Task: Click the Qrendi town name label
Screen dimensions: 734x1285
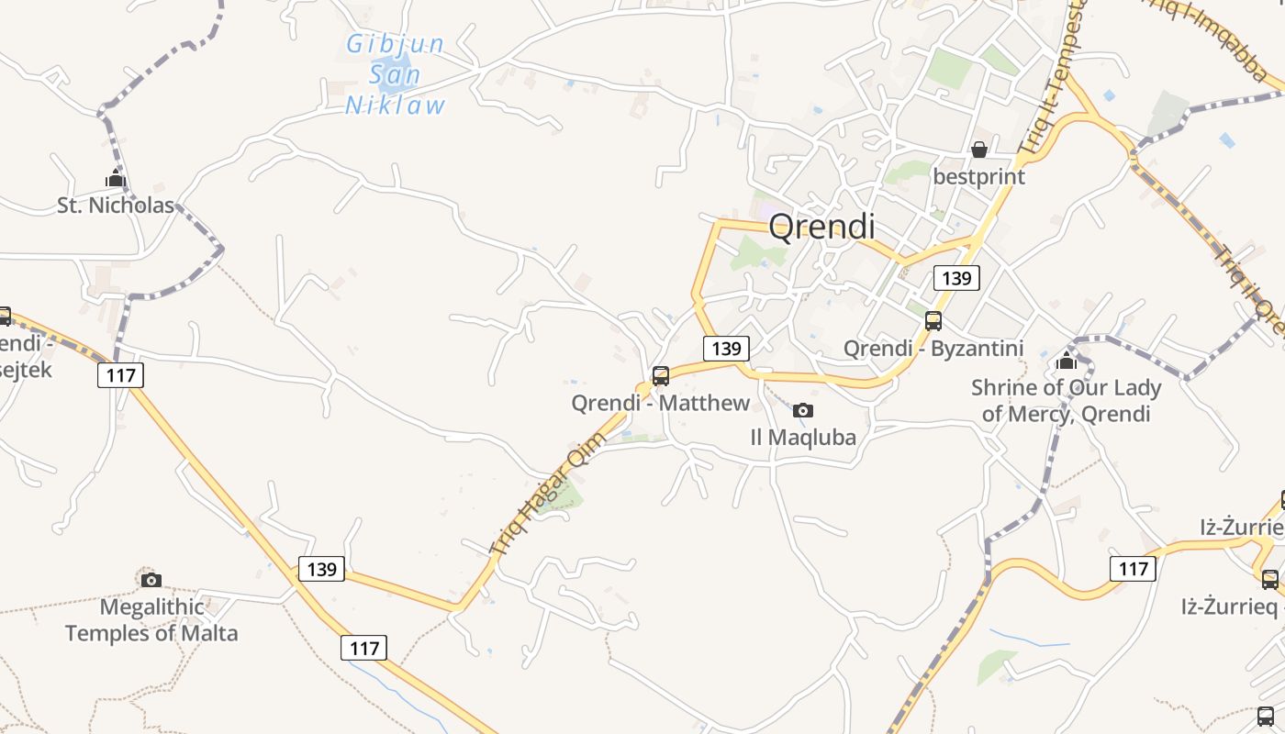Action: (x=821, y=226)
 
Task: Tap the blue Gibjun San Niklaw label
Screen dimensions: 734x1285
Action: (x=396, y=74)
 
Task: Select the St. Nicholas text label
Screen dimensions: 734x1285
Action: (x=116, y=206)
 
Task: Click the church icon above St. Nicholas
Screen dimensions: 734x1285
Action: (x=116, y=178)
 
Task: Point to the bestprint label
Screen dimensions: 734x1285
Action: (x=978, y=176)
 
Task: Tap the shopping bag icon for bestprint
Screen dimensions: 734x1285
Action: (x=979, y=149)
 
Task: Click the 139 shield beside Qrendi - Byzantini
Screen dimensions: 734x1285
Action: (x=956, y=278)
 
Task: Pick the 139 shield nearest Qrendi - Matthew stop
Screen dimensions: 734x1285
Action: (x=726, y=348)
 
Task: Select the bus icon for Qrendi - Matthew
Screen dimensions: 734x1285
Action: (x=660, y=375)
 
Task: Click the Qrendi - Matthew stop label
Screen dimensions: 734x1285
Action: (x=660, y=403)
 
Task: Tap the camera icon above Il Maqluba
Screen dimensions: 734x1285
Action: (x=803, y=410)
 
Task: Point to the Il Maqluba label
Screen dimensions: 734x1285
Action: (x=803, y=438)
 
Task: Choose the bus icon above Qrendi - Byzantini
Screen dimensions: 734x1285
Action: (x=933, y=321)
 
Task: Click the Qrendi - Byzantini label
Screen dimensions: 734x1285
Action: (x=933, y=349)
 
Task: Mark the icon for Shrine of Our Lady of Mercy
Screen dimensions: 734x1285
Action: (x=1067, y=360)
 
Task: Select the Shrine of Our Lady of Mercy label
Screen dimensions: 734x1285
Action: (x=1067, y=401)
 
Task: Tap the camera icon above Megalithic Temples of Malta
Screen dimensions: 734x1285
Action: (x=151, y=580)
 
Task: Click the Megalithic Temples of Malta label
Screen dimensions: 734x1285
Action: (x=151, y=620)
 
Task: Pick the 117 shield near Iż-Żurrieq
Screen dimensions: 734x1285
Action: (x=1134, y=569)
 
